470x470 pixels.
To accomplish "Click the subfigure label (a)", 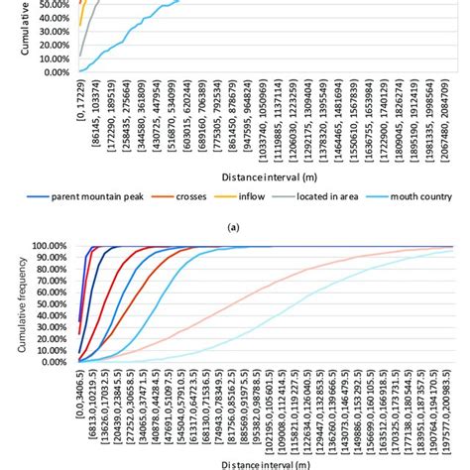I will pyautogui.click(x=234, y=226).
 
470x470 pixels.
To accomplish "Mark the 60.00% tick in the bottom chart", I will pyautogui.click(x=49, y=292).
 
